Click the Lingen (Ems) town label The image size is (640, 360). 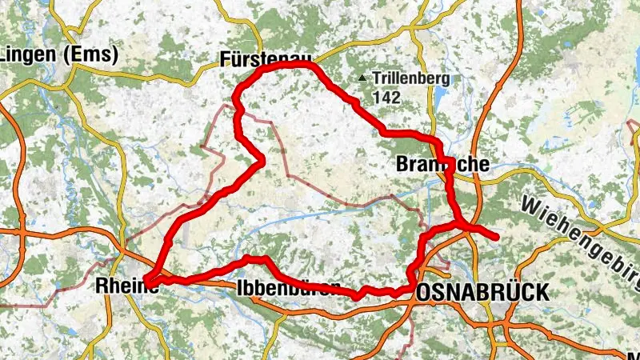[59, 55]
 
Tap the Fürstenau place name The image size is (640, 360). [266, 58]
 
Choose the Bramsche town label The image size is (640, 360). [442, 165]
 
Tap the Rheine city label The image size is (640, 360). [125, 285]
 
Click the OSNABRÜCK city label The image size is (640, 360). [483, 293]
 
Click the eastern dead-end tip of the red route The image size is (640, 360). [497, 236]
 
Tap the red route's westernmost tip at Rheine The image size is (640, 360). [146, 279]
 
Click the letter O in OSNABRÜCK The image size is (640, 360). [424, 293]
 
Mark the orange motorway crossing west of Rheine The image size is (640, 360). [22, 233]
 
